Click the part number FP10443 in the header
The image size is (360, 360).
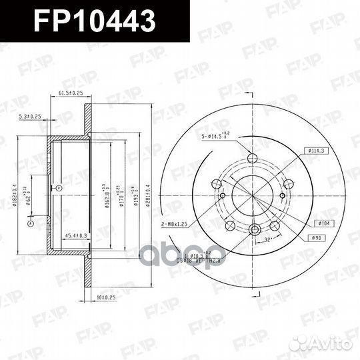[95, 19]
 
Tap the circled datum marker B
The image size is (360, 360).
[59, 189]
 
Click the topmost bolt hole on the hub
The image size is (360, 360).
[253, 158]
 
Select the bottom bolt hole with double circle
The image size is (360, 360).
[254, 230]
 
